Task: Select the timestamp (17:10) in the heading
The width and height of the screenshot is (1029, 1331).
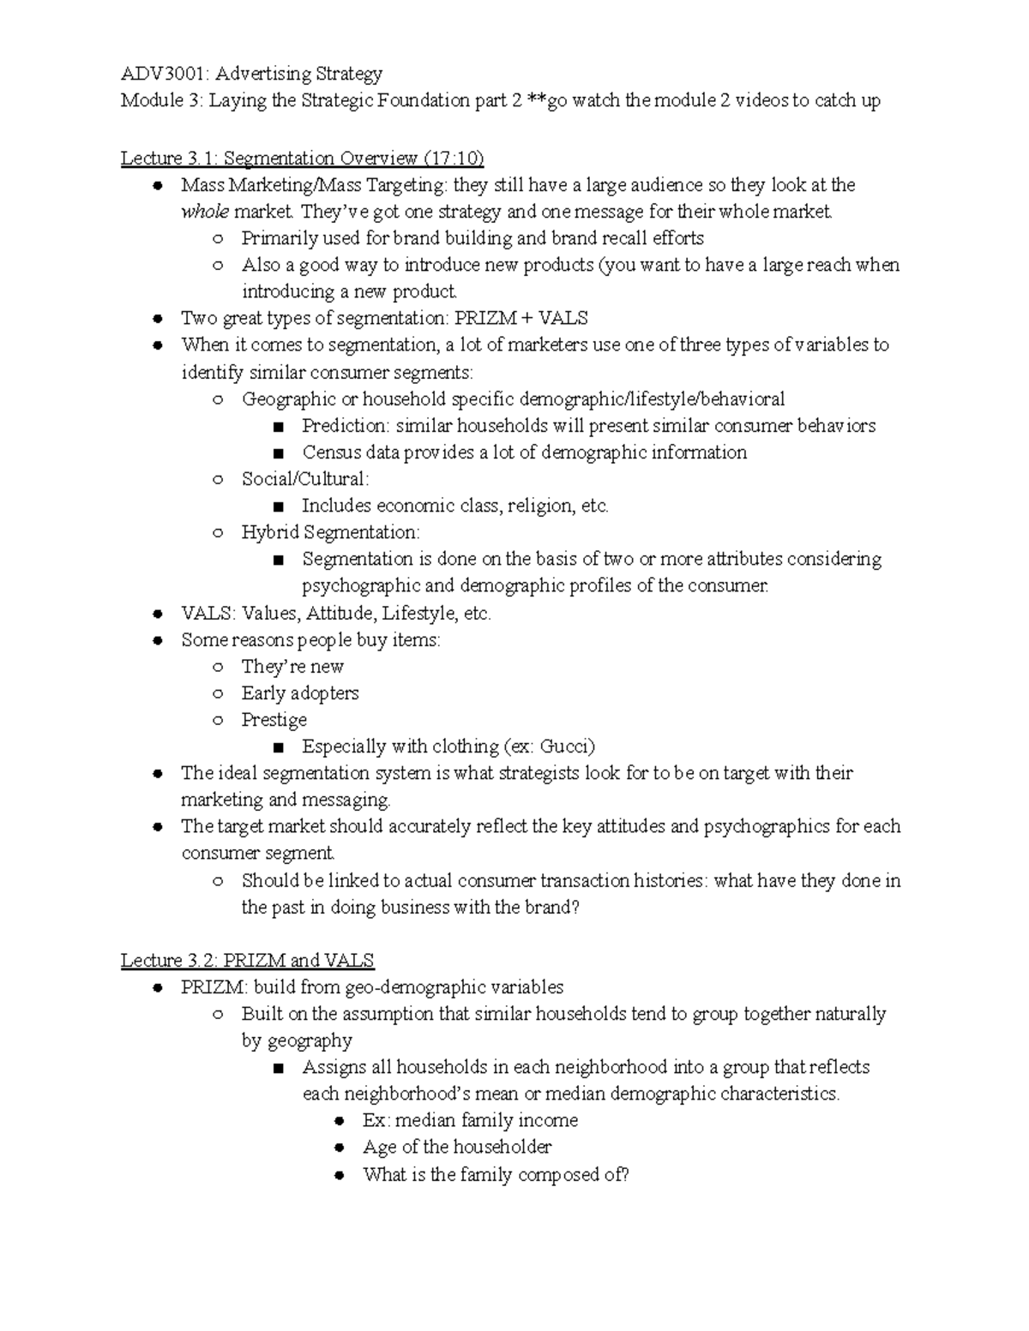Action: [453, 159]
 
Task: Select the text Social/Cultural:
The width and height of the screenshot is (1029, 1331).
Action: [305, 479]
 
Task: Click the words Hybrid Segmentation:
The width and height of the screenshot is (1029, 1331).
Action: [330, 532]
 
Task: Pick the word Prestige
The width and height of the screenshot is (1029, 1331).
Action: [274, 720]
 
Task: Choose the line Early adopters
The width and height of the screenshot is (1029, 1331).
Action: [299, 693]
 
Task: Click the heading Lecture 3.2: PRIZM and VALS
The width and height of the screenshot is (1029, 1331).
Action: [247, 961]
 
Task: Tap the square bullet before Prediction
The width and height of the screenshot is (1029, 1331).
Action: [277, 427]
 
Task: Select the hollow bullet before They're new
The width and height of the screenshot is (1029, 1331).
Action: [218, 667]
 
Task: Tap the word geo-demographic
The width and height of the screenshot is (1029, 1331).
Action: [404, 987]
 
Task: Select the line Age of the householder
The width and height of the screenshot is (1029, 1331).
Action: [456, 1148]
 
